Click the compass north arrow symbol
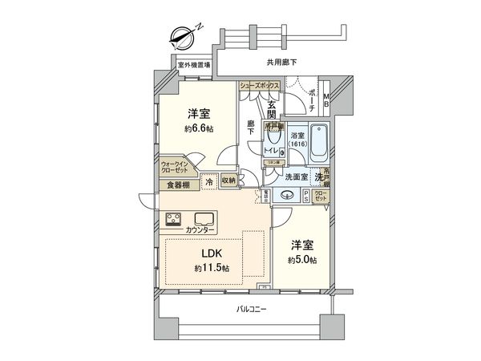coord(183,36)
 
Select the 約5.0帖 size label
coord(302,260)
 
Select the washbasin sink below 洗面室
coord(286,194)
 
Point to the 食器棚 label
coord(178,185)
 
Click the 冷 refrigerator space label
coord(208,181)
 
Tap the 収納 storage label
coord(227,181)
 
